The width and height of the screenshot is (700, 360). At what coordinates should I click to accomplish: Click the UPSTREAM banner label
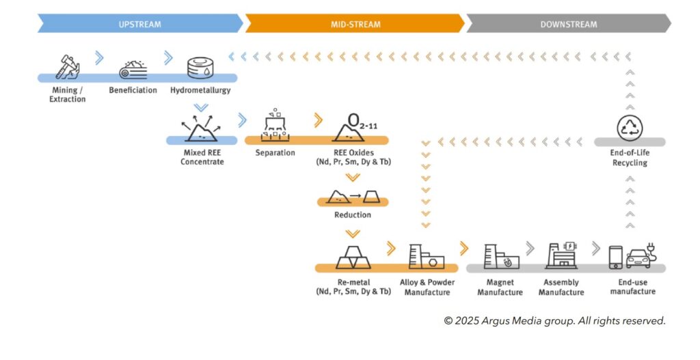(139, 24)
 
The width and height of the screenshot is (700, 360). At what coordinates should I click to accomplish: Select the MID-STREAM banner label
(355, 24)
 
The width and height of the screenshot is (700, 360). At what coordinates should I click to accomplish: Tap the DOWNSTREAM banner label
(568, 24)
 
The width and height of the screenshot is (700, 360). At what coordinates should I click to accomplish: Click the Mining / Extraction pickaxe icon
(67, 66)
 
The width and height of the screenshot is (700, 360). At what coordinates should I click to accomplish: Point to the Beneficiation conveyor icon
(133, 68)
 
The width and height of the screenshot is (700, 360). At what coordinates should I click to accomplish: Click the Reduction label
(352, 214)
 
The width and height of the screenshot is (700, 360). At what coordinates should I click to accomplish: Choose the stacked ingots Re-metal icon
(353, 257)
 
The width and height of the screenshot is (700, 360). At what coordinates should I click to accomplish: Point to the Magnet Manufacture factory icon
(500, 257)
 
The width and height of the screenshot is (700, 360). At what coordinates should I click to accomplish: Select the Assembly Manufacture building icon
(561, 256)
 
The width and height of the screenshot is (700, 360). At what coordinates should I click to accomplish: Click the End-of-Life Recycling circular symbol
(629, 128)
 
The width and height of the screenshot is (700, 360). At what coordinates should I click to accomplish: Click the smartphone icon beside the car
(615, 257)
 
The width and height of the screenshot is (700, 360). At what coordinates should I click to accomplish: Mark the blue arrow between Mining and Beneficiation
(99, 58)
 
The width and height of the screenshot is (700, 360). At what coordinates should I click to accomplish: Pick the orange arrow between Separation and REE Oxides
(318, 121)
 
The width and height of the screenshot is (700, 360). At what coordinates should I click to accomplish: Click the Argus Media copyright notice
(554, 320)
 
